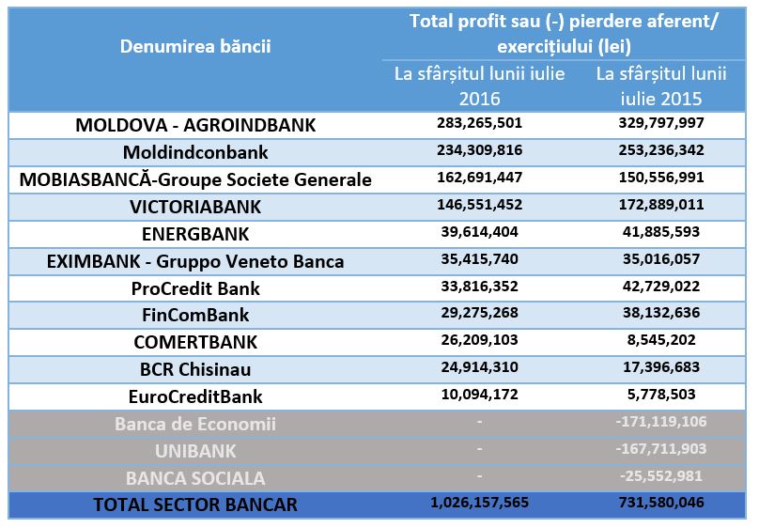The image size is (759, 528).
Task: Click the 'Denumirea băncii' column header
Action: pyautogui.click(x=195, y=46)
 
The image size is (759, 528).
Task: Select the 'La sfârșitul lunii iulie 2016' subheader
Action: pyautogui.click(x=479, y=86)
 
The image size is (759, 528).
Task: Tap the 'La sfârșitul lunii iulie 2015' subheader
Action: pyautogui.click(x=660, y=86)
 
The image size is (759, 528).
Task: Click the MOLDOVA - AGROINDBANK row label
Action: pyautogui.click(x=195, y=125)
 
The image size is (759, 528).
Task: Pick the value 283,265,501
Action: pyautogui.click(x=479, y=123)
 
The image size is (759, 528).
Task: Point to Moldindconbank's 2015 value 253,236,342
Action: pyautogui.click(x=660, y=150)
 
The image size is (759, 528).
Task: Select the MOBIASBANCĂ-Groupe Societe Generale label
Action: pyautogui.click(x=195, y=179)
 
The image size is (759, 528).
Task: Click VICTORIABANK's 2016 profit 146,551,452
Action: pyautogui.click(x=479, y=205)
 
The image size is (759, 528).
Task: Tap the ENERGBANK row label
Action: pyautogui.click(x=195, y=234)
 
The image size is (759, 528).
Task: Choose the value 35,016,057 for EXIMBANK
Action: pyautogui.click(x=660, y=259)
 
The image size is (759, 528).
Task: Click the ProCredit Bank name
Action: pyautogui.click(x=195, y=288)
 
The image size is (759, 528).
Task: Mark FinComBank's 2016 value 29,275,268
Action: pyautogui.click(x=479, y=313)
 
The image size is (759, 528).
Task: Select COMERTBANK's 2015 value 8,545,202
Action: pyautogui.click(x=660, y=340)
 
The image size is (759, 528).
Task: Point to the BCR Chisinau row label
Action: pyautogui.click(x=195, y=370)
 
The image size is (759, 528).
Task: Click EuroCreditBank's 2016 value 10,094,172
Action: pyautogui.click(x=479, y=395)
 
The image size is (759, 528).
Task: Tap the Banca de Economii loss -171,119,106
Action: pyautogui.click(x=660, y=422)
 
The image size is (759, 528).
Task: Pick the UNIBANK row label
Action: pyautogui.click(x=195, y=451)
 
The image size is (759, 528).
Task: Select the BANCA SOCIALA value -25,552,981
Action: pyautogui.click(x=660, y=476)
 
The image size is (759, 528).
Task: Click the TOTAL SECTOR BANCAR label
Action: pyautogui.click(x=195, y=505)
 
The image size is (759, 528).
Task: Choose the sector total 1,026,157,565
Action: pyautogui.click(x=479, y=503)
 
